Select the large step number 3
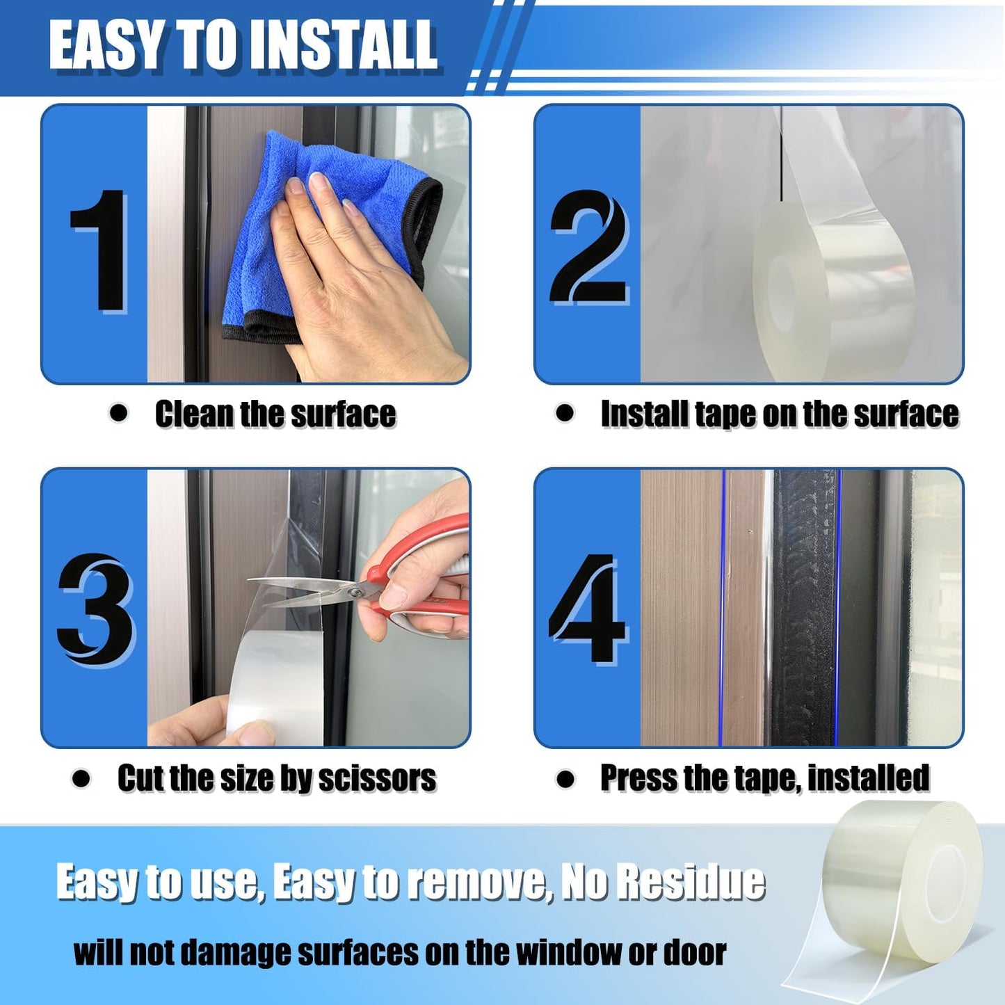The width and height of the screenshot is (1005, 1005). click(96, 610)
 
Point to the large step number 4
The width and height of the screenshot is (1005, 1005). click(588, 609)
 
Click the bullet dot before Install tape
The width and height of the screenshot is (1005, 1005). click(565, 413)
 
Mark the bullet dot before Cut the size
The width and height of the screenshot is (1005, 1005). click(81, 778)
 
